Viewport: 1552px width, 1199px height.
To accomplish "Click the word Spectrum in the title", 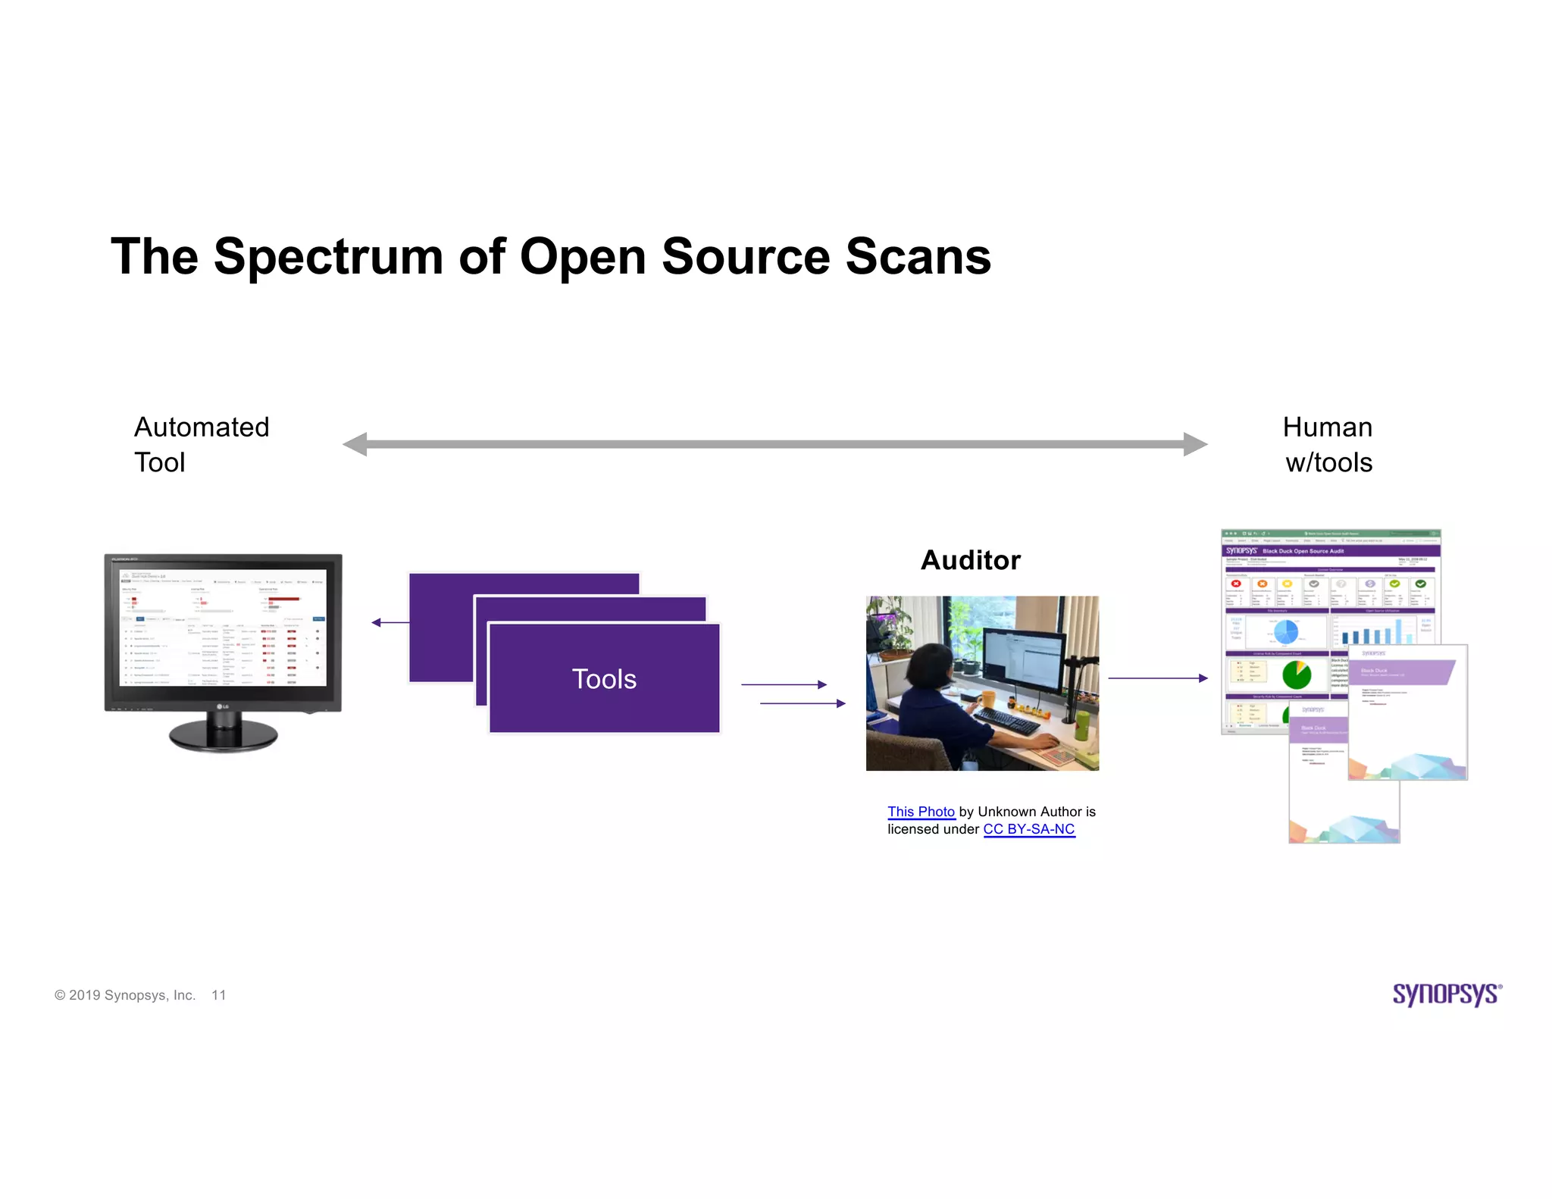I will [328, 256].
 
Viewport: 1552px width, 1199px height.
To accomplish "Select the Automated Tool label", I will [201, 444].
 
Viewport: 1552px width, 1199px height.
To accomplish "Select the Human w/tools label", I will [1328, 444].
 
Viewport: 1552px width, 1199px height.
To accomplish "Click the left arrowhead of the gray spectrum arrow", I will [355, 444].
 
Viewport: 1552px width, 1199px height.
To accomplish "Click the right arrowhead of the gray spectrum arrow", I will [1194, 444].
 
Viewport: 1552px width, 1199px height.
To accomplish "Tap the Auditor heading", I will [970, 560].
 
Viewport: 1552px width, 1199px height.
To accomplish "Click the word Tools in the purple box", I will [604, 679].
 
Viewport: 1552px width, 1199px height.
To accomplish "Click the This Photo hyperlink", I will [921, 812].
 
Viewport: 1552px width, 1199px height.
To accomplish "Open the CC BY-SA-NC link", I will [1028, 829].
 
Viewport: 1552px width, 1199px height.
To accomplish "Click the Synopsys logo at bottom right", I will [1446, 994].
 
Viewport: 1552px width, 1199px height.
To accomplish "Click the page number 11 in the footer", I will [218, 995].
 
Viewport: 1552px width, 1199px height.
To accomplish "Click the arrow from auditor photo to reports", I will [1157, 678].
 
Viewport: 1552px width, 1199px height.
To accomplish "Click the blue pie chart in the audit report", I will [1286, 631].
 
